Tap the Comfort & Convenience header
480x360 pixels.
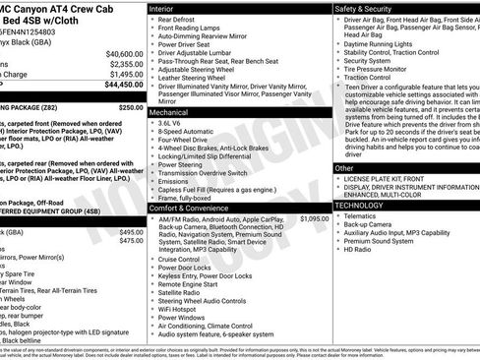191,208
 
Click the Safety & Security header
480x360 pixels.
363,8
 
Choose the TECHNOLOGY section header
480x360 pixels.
365,206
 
